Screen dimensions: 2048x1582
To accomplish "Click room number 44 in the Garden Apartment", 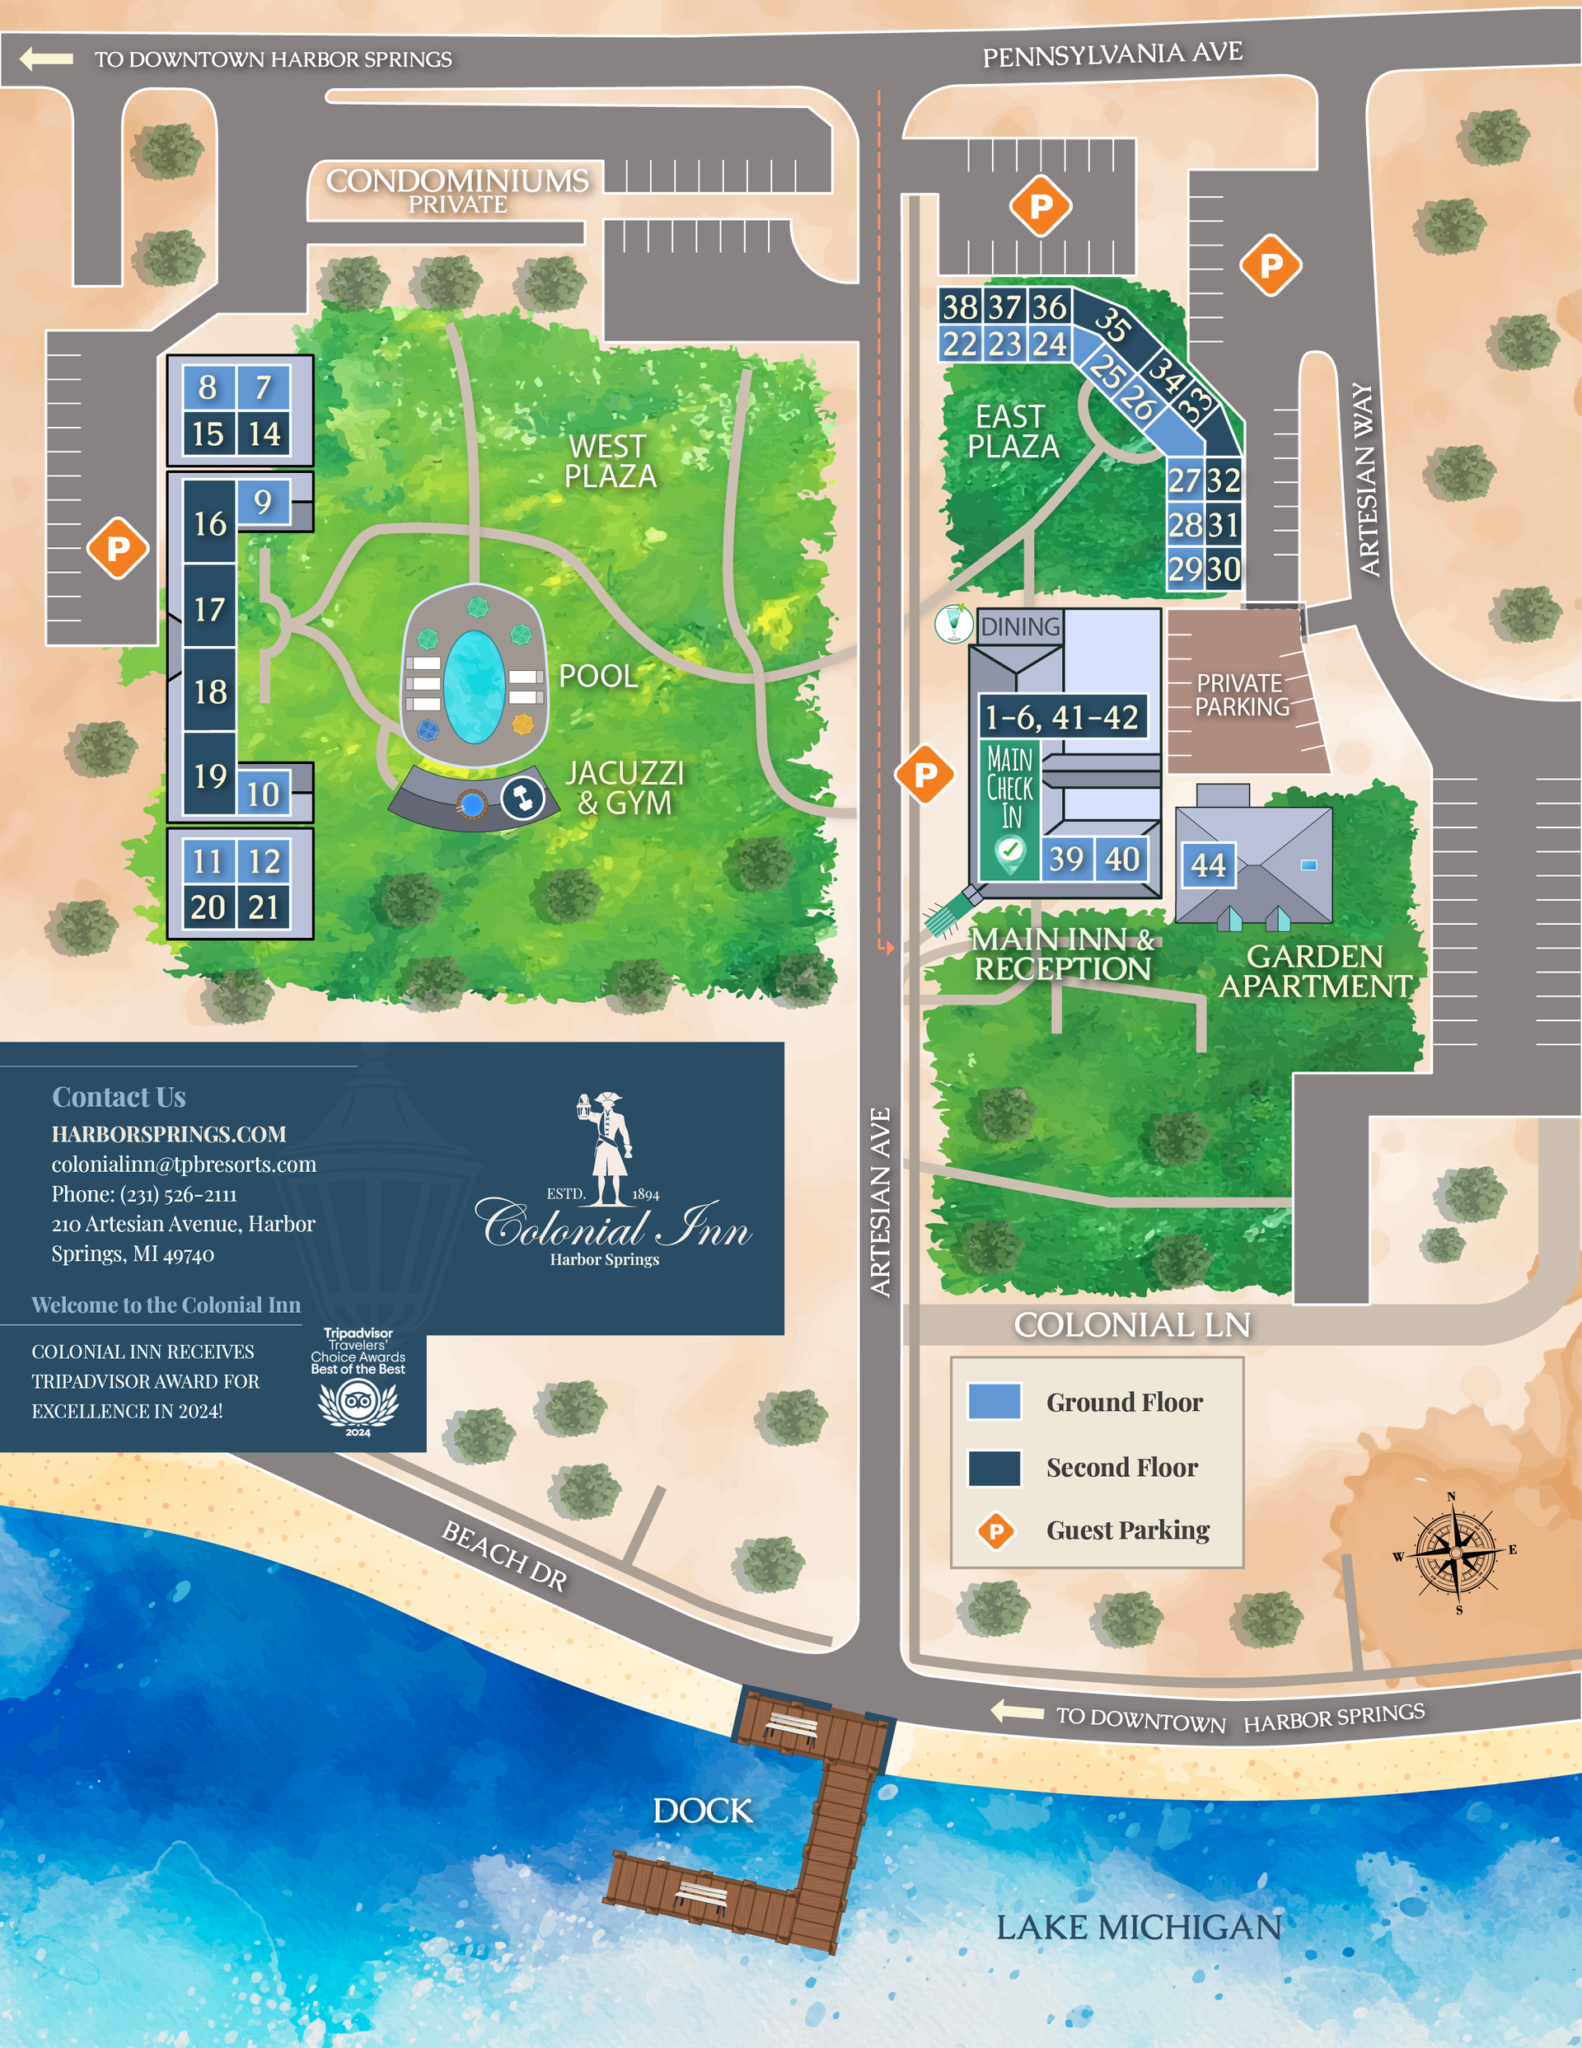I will click(x=1208, y=865).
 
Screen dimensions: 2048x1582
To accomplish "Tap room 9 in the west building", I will click(x=263, y=502).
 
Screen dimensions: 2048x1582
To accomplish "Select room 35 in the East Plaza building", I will click(x=1112, y=325).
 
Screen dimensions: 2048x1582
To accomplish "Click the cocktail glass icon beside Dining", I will click(x=953, y=624).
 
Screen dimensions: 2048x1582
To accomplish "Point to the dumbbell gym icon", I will click(x=522, y=798).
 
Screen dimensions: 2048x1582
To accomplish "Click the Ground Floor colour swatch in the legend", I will click(x=994, y=1401).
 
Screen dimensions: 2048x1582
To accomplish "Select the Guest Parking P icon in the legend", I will click(x=996, y=1531).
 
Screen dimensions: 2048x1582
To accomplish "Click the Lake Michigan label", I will click(x=1138, y=1928).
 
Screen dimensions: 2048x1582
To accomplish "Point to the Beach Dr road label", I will click(x=504, y=1557).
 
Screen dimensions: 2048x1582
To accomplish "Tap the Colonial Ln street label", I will click(x=1132, y=1325).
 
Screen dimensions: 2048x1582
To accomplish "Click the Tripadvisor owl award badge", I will click(x=358, y=1403).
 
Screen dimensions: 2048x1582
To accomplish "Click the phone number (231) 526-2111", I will click(x=144, y=1193).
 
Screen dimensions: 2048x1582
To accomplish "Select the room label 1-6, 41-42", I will click(x=1061, y=717).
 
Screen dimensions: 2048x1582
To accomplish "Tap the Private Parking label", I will click(x=1241, y=695).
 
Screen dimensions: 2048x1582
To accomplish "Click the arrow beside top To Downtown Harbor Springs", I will click(x=47, y=59).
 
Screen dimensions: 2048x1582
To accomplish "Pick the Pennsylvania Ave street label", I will click(x=1112, y=54).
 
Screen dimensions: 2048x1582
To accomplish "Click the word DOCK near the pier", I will click(x=702, y=1811).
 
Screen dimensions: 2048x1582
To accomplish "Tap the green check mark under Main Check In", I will click(x=1010, y=850).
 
